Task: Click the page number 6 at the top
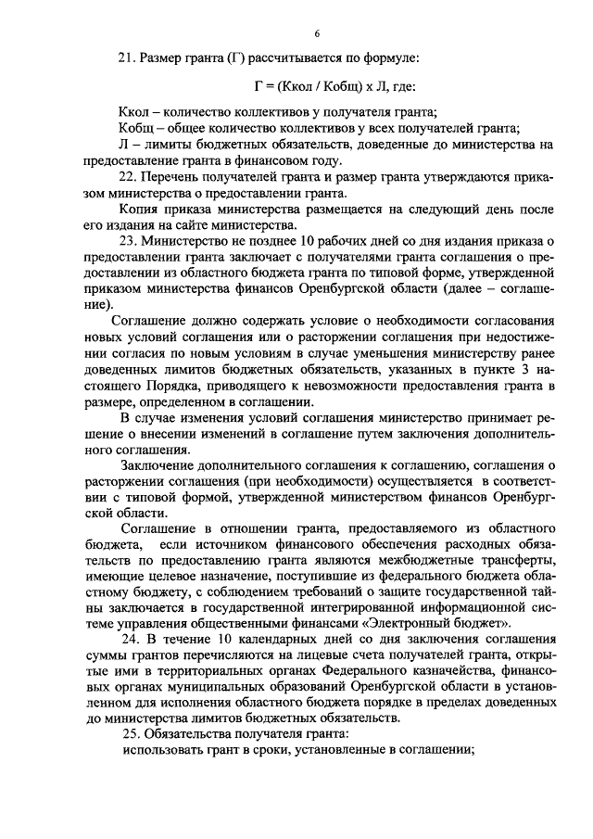(x=316, y=34)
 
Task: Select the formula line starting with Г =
(x=316, y=85)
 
